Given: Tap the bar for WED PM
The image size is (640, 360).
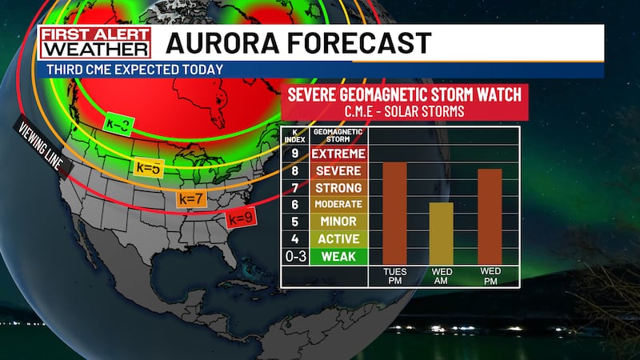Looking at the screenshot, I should click(x=490, y=217).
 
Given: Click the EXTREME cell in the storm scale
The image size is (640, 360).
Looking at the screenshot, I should click(x=338, y=154).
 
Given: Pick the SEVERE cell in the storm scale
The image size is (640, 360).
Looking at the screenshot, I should click(x=338, y=171).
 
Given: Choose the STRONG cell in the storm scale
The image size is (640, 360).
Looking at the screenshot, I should click(x=338, y=188).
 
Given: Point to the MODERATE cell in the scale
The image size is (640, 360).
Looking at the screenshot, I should click(x=338, y=205).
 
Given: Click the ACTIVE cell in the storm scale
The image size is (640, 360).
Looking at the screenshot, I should click(x=338, y=239).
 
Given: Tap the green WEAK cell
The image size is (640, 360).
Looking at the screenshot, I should click(x=338, y=257).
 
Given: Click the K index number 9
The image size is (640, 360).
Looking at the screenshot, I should click(x=294, y=154).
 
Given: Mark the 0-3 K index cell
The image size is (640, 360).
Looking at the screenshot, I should click(x=294, y=257).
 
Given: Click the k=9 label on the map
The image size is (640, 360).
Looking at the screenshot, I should click(x=240, y=218).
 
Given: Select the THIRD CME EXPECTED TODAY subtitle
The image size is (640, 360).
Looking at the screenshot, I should click(x=135, y=70).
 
